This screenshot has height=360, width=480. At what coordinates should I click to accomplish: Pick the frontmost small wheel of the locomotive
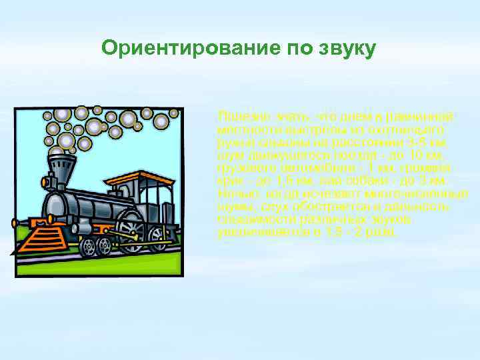click(87, 247)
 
